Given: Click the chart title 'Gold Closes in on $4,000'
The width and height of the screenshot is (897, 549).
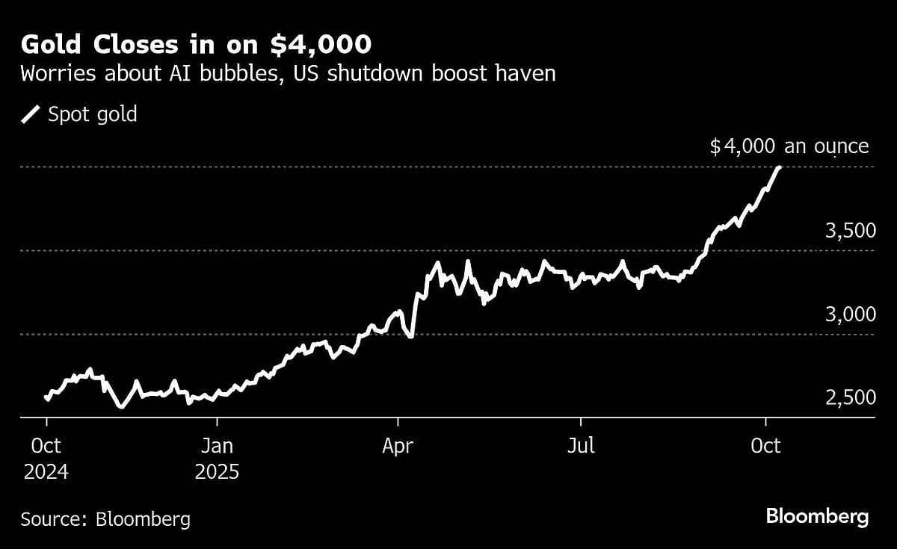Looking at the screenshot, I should click(x=196, y=45).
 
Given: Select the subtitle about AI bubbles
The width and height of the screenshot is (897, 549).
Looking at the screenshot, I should click(x=288, y=75).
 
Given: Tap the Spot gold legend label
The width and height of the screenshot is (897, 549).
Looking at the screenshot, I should click(x=92, y=115).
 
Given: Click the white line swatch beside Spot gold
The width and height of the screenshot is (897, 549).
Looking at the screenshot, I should click(x=31, y=115).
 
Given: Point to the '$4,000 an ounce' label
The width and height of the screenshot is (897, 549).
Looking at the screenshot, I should click(x=789, y=146).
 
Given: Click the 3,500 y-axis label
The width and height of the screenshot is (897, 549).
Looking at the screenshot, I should click(x=849, y=231).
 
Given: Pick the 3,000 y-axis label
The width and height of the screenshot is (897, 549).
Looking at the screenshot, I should click(x=849, y=314).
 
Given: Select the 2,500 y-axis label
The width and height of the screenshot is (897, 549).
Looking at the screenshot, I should click(x=849, y=397).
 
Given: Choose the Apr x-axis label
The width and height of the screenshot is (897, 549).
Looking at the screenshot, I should click(x=398, y=447).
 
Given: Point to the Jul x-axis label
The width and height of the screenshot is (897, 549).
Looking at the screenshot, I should click(x=581, y=447).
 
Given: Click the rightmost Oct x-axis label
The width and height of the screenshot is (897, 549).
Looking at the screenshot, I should click(x=765, y=447).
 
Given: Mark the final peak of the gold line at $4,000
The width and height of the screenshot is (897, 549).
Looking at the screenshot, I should click(x=779, y=168).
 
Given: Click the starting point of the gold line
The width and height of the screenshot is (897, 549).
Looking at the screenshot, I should click(x=46, y=398).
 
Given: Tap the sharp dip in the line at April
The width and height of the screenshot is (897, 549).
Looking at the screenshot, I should click(x=410, y=336).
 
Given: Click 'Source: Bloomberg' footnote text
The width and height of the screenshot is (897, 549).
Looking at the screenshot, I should click(x=105, y=519).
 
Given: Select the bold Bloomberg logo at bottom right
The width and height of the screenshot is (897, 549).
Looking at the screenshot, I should click(x=817, y=516).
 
